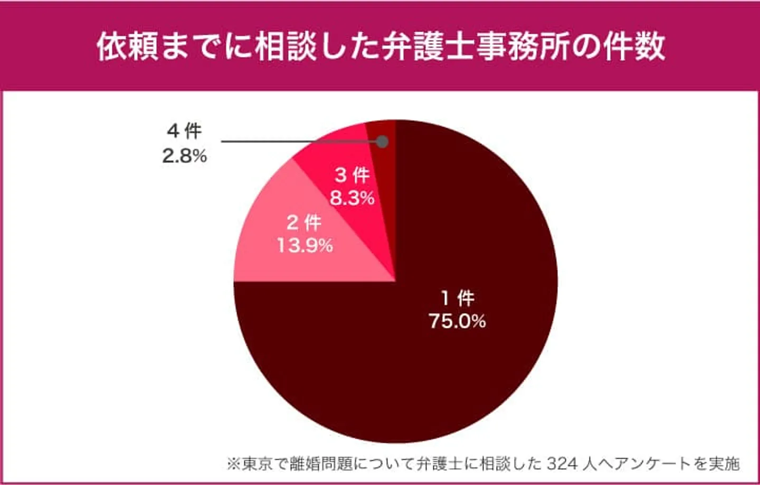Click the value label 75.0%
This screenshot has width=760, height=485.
point(457,321)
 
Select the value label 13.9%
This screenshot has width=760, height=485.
point(305,245)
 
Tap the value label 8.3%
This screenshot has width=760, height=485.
point(352,198)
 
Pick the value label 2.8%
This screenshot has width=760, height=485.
point(184,156)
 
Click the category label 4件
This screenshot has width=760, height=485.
point(184,131)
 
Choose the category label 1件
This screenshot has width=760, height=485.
point(458,298)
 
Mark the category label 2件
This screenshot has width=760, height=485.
point(304,222)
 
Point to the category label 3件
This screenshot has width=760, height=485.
point(352,175)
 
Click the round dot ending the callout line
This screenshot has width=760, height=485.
point(383,142)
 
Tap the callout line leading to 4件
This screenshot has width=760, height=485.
point(296,142)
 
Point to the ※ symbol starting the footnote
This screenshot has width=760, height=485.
point(233,464)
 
